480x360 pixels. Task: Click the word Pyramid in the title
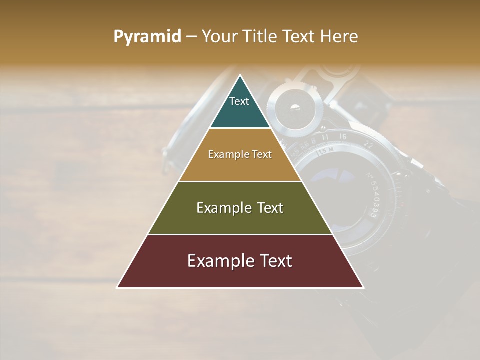click(147, 37)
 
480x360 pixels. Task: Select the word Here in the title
click(339, 37)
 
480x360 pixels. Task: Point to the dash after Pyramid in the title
click(191, 37)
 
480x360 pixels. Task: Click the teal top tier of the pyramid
click(240, 112)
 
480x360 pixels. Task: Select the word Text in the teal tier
click(239, 101)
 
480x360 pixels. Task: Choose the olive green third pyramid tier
click(240, 222)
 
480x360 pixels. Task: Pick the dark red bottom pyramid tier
click(240, 275)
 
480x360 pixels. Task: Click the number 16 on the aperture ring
click(342, 136)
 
